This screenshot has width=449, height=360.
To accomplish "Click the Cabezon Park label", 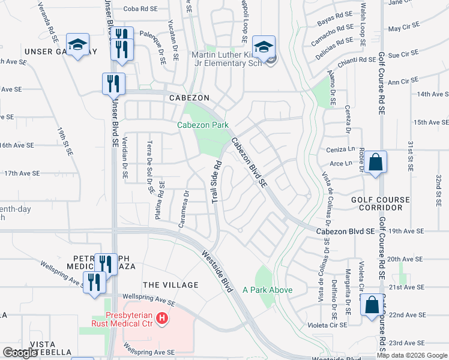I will pos(202,125).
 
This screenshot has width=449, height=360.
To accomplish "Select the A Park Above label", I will pos(267,290).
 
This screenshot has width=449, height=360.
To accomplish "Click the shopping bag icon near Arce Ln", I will pos(375,163).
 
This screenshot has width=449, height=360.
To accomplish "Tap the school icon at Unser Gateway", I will pos(77,46).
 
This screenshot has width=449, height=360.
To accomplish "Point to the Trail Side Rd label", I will pos(217,181).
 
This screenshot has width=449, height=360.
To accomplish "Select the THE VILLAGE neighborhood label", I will pos(170,284).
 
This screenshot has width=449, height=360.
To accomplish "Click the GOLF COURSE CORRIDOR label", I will pos(377,203).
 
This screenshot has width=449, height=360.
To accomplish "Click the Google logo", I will pos(20,353).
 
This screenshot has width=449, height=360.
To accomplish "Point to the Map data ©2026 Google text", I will pos(412,355).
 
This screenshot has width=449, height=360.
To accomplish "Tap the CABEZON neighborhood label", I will pos(189,97).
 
